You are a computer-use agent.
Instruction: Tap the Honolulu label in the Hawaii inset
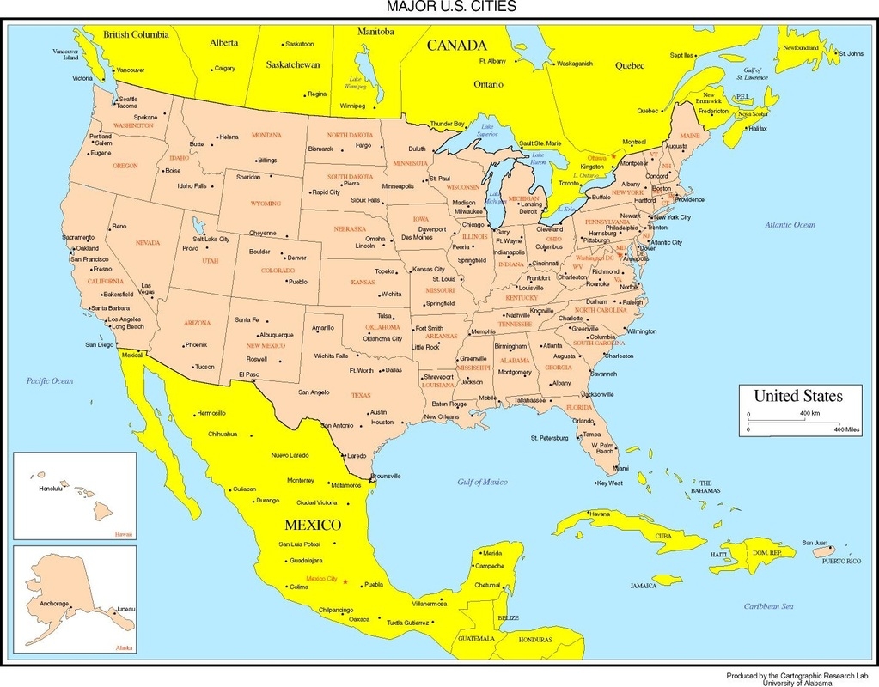pyautogui.click(x=52, y=488)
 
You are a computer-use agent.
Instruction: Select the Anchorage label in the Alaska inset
pyautogui.click(x=54, y=603)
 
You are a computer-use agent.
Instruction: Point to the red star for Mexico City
pyautogui.click(x=345, y=581)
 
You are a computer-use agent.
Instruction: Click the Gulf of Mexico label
pyautogui.click(x=482, y=482)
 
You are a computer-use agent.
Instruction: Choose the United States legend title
pyautogui.click(x=797, y=396)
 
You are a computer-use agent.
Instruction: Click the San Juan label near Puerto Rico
pyautogui.click(x=815, y=542)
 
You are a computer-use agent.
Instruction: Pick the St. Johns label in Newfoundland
pyautogui.click(x=851, y=54)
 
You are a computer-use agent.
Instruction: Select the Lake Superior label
pyautogui.click(x=487, y=131)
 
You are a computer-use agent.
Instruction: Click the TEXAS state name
pyautogui.click(x=361, y=395)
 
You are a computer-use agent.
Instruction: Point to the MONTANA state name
pyautogui.click(x=266, y=135)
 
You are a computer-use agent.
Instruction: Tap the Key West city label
pyautogui.click(x=610, y=483)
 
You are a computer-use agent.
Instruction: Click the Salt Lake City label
pyautogui.click(x=211, y=239)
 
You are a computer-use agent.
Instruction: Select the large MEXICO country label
pyautogui.click(x=314, y=524)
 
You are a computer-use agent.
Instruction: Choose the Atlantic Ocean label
pyautogui.click(x=790, y=224)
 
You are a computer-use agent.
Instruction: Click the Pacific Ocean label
pyautogui.click(x=50, y=380)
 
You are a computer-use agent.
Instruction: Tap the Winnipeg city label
pyautogui.click(x=352, y=106)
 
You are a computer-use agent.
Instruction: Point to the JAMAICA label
pyautogui.click(x=643, y=585)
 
